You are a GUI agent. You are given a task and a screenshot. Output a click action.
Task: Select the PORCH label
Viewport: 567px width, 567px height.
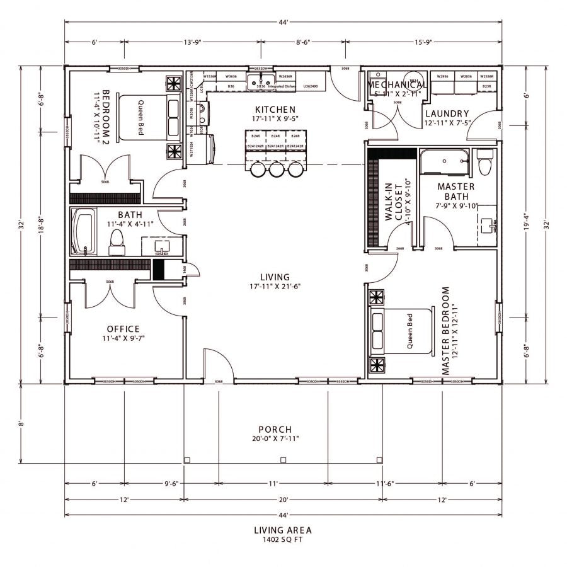point(275,430)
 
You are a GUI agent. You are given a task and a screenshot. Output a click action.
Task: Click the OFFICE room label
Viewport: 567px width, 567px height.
point(123,329)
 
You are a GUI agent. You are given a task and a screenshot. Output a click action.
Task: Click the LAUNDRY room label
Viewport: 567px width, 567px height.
point(446,113)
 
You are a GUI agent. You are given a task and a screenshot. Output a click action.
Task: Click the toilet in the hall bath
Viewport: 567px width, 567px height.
point(117,241)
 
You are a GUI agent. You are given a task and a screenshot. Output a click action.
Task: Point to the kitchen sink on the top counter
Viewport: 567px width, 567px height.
point(260,80)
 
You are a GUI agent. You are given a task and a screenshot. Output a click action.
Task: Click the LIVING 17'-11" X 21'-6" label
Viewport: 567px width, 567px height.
point(275,282)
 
